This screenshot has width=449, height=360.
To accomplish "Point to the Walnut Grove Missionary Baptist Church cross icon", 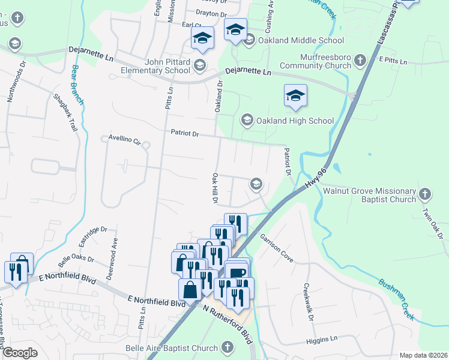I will [x=425, y=194].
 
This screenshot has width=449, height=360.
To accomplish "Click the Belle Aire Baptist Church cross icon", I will [x=227, y=347].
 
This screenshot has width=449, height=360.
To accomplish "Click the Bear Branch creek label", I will [x=77, y=85].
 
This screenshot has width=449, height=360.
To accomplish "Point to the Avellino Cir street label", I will [x=124, y=141].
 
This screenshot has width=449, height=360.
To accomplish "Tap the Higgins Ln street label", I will [x=321, y=339].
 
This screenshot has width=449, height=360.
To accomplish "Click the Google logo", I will [x=20, y=353].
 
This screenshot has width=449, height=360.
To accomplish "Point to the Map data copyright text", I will [x=423, y=355].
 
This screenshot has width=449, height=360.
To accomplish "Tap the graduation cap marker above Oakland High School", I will [x=295, y=96].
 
